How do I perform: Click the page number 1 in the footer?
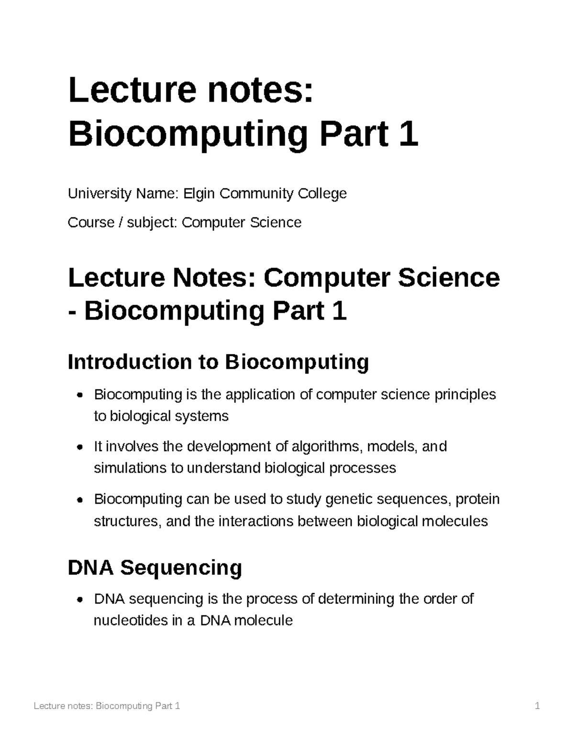pos(538,706)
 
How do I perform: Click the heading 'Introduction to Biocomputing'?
pos(218,362)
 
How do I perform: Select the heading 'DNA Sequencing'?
pos(155,568)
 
